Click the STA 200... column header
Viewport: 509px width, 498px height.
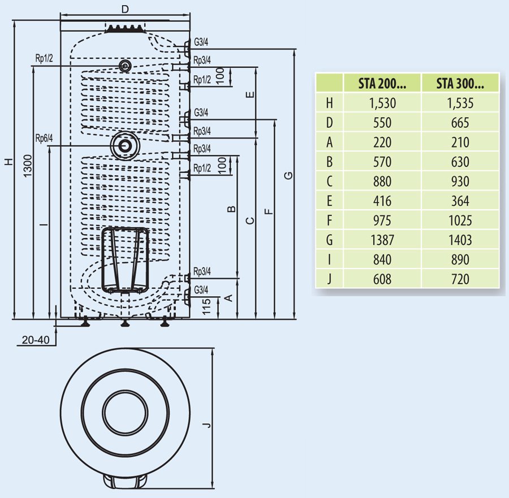tap(382, 83)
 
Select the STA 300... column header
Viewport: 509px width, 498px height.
tap(460, 83)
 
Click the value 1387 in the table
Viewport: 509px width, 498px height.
tap(382, 240)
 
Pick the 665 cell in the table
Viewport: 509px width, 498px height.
tap(460, 123)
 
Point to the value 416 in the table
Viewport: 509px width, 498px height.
tap(382, 201)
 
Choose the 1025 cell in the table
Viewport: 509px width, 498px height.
tap(460, 220)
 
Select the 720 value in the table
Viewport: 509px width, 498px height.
tap(460, 279)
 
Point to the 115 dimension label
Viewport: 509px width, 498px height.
tap(207, 306)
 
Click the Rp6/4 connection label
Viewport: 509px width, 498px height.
tap(44, 138)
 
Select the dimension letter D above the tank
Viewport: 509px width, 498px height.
tap(125, 9)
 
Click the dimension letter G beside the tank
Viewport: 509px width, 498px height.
tap(288, 176)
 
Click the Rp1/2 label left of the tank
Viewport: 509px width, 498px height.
tap(44, 59)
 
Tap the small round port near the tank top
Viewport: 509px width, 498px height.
tap(124, 66)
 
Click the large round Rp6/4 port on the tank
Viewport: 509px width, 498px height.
tap(124, 145)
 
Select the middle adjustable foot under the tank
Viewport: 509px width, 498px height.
tap(124, 323)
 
